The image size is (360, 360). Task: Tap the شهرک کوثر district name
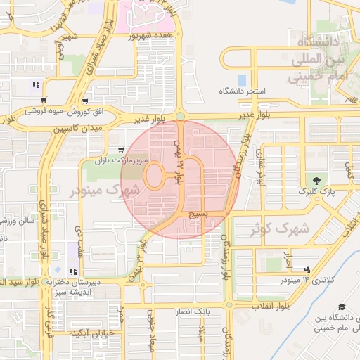(x=280, y=228)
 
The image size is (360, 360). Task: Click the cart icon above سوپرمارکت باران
(x=122, y=149)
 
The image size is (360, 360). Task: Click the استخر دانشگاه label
(x=243, y=91)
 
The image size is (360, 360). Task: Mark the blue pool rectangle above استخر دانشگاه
(x=243, y=79)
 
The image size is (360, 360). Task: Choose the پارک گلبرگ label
(x=314, y=191)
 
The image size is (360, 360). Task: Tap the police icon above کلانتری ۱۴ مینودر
(x=307, y=269)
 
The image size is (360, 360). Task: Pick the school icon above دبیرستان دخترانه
(x=73, y=271)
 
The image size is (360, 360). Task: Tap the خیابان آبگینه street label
(x=91, y=333)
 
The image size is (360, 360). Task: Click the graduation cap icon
(x=342, y=307)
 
